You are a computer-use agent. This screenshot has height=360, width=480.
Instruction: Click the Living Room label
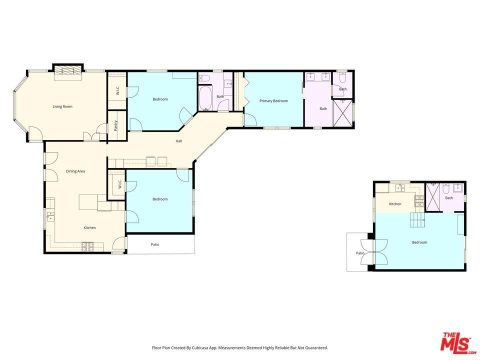point(62,106)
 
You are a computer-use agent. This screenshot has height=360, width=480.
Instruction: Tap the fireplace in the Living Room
point(68,70)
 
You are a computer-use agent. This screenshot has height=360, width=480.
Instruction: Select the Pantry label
point(115,125)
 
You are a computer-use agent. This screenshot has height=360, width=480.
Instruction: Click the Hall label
point(179,141)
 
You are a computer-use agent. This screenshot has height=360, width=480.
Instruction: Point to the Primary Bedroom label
point(273,100)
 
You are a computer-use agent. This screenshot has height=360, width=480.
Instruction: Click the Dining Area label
point(75,171)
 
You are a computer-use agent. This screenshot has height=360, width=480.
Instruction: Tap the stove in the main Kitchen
point(87,246)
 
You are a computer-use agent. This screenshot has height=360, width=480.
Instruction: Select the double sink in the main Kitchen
point(50,216)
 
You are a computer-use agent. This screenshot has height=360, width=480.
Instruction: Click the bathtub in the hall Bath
point(205,98)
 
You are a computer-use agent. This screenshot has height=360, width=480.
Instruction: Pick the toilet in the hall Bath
point(204,78)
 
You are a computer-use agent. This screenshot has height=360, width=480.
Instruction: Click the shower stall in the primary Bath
point(342,112)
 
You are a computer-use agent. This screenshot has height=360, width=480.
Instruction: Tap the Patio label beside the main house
point(155,244)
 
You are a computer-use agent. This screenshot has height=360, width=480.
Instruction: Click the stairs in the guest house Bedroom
point(418,220)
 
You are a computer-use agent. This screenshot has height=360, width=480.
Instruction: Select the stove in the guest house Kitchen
point(419,201)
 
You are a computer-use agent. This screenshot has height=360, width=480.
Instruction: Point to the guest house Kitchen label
point(395,204)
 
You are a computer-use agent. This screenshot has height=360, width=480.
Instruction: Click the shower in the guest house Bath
point(433,197)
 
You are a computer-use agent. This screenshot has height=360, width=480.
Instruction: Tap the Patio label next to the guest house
point(360,253)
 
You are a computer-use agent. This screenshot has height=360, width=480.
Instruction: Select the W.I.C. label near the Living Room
point(118,90)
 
